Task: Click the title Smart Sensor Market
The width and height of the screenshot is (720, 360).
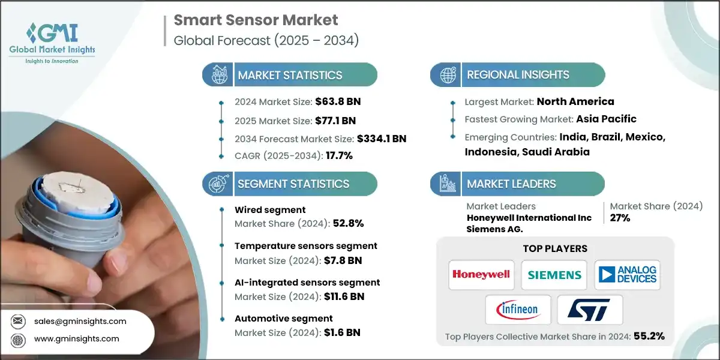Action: point(256,20)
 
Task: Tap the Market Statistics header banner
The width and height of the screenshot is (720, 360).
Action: point(290,75)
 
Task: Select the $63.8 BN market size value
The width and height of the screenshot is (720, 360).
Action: point(337,101)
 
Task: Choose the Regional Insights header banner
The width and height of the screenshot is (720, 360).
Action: point(517,75)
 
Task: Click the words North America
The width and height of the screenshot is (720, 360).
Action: point(575,101)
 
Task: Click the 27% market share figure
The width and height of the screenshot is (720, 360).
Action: point(620,218)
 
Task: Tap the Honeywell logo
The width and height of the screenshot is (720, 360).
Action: point(481,274)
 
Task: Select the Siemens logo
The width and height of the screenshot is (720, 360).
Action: point(554,274)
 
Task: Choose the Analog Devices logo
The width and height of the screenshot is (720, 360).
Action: point(627,274)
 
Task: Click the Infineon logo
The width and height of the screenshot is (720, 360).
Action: point(518,310)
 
